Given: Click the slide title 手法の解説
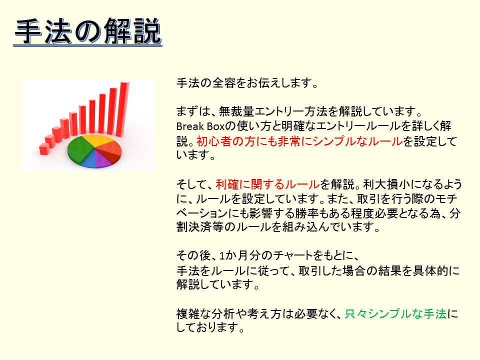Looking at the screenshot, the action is (x=88, y=31).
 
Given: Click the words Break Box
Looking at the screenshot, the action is (x=200, y=126).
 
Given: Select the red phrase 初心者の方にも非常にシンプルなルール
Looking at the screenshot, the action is (x=299, y=141).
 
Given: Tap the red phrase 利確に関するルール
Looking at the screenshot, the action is (x=268, y=184).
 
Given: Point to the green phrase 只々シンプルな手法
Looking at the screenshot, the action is (x=395, y=314).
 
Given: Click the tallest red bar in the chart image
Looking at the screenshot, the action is (x=123, y=108).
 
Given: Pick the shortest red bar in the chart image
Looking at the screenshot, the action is (x=44, y=149).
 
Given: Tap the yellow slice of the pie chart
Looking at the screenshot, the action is (x=97, y=140).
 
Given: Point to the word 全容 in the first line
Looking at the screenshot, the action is (x=224, y=83).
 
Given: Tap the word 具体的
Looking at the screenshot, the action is (x=430, y=270).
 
